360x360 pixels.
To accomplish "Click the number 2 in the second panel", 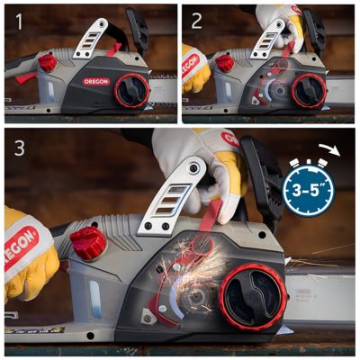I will point(195,19).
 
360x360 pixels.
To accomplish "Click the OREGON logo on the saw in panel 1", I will point(95,81).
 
